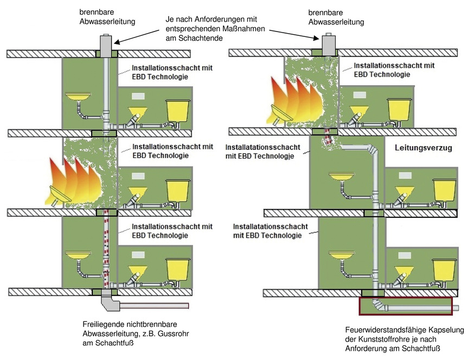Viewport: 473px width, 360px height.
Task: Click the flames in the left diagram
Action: [76, 180]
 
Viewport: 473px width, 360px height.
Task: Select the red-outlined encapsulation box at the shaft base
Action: [405, 306]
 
